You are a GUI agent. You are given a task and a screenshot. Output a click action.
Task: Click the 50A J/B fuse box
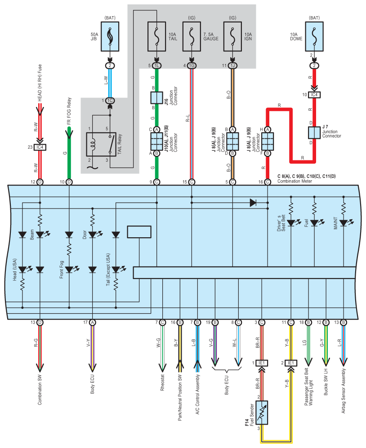point(110,36)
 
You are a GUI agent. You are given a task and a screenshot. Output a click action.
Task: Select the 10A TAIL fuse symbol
point(156,36)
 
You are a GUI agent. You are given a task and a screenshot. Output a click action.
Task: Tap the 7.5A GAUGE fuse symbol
point(192,36)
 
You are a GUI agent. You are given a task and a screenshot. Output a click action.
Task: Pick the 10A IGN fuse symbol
point(232,36)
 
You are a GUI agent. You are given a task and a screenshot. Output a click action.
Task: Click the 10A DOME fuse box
point(314,36)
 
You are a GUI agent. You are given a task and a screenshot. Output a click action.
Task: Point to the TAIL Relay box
point(101,144)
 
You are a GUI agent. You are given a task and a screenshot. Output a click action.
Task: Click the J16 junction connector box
point(156,98)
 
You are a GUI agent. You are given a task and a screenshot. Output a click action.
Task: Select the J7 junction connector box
point(314,133)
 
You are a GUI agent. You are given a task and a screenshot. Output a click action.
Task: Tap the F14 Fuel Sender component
point(262,413)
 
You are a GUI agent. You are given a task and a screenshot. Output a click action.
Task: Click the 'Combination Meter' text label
point(295,181)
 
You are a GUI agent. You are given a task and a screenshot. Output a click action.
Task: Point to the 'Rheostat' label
point(162,383)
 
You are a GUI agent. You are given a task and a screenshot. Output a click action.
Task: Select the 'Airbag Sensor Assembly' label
point(344,391)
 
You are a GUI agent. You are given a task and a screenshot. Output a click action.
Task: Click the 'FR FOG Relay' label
point(69,111)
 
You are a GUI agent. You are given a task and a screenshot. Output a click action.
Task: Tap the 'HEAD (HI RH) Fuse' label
point(40,83)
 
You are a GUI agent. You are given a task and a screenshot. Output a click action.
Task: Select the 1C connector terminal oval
point(110,101)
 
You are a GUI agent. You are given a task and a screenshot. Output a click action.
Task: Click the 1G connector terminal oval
point(192,66)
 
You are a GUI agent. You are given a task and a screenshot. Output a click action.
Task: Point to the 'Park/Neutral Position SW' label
point(180,397)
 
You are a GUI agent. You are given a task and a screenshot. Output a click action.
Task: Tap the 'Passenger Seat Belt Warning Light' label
point(308,387)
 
